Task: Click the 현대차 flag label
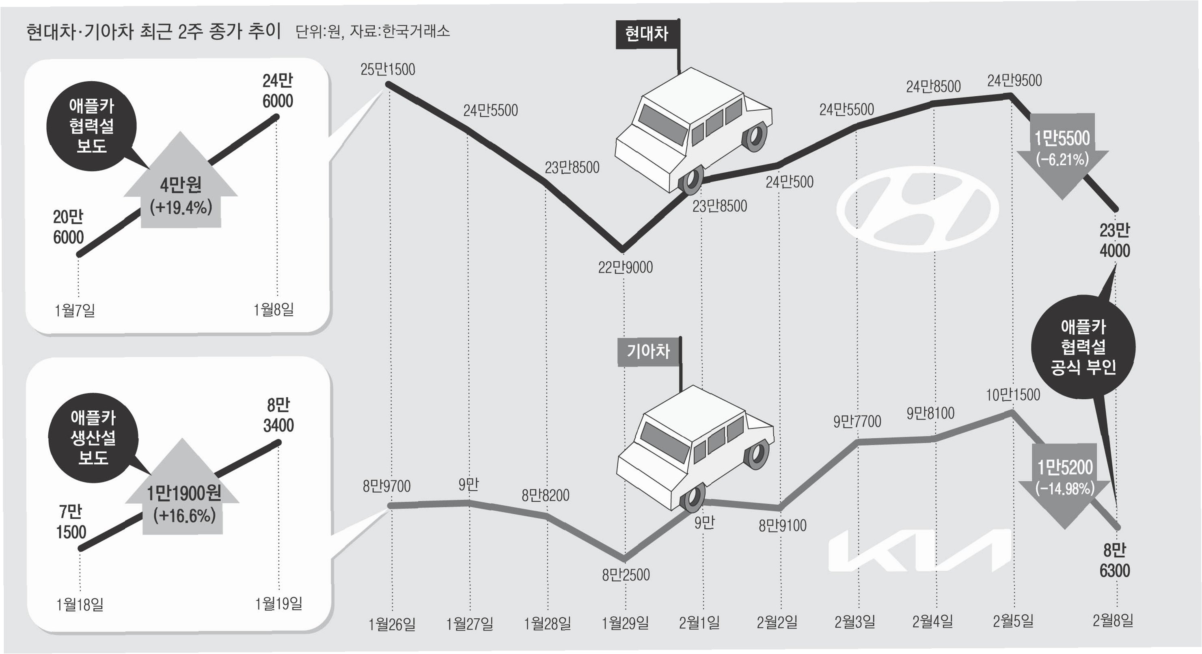(646, 34)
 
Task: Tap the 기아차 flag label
(648, 351)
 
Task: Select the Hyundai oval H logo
(917, 209)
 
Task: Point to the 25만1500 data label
(387, 69)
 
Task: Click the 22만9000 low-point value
(625, 267)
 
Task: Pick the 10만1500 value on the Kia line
(1012, 395)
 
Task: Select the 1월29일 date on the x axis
(625, 623)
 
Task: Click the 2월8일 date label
(1112, 621)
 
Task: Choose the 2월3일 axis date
(855, 622)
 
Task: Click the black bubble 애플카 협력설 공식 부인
(1083, 347)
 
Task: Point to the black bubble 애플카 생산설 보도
(93, 437)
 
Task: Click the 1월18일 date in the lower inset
(80, 605)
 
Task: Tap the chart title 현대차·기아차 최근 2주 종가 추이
(153, 32)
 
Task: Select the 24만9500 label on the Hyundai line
(1014, 81)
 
